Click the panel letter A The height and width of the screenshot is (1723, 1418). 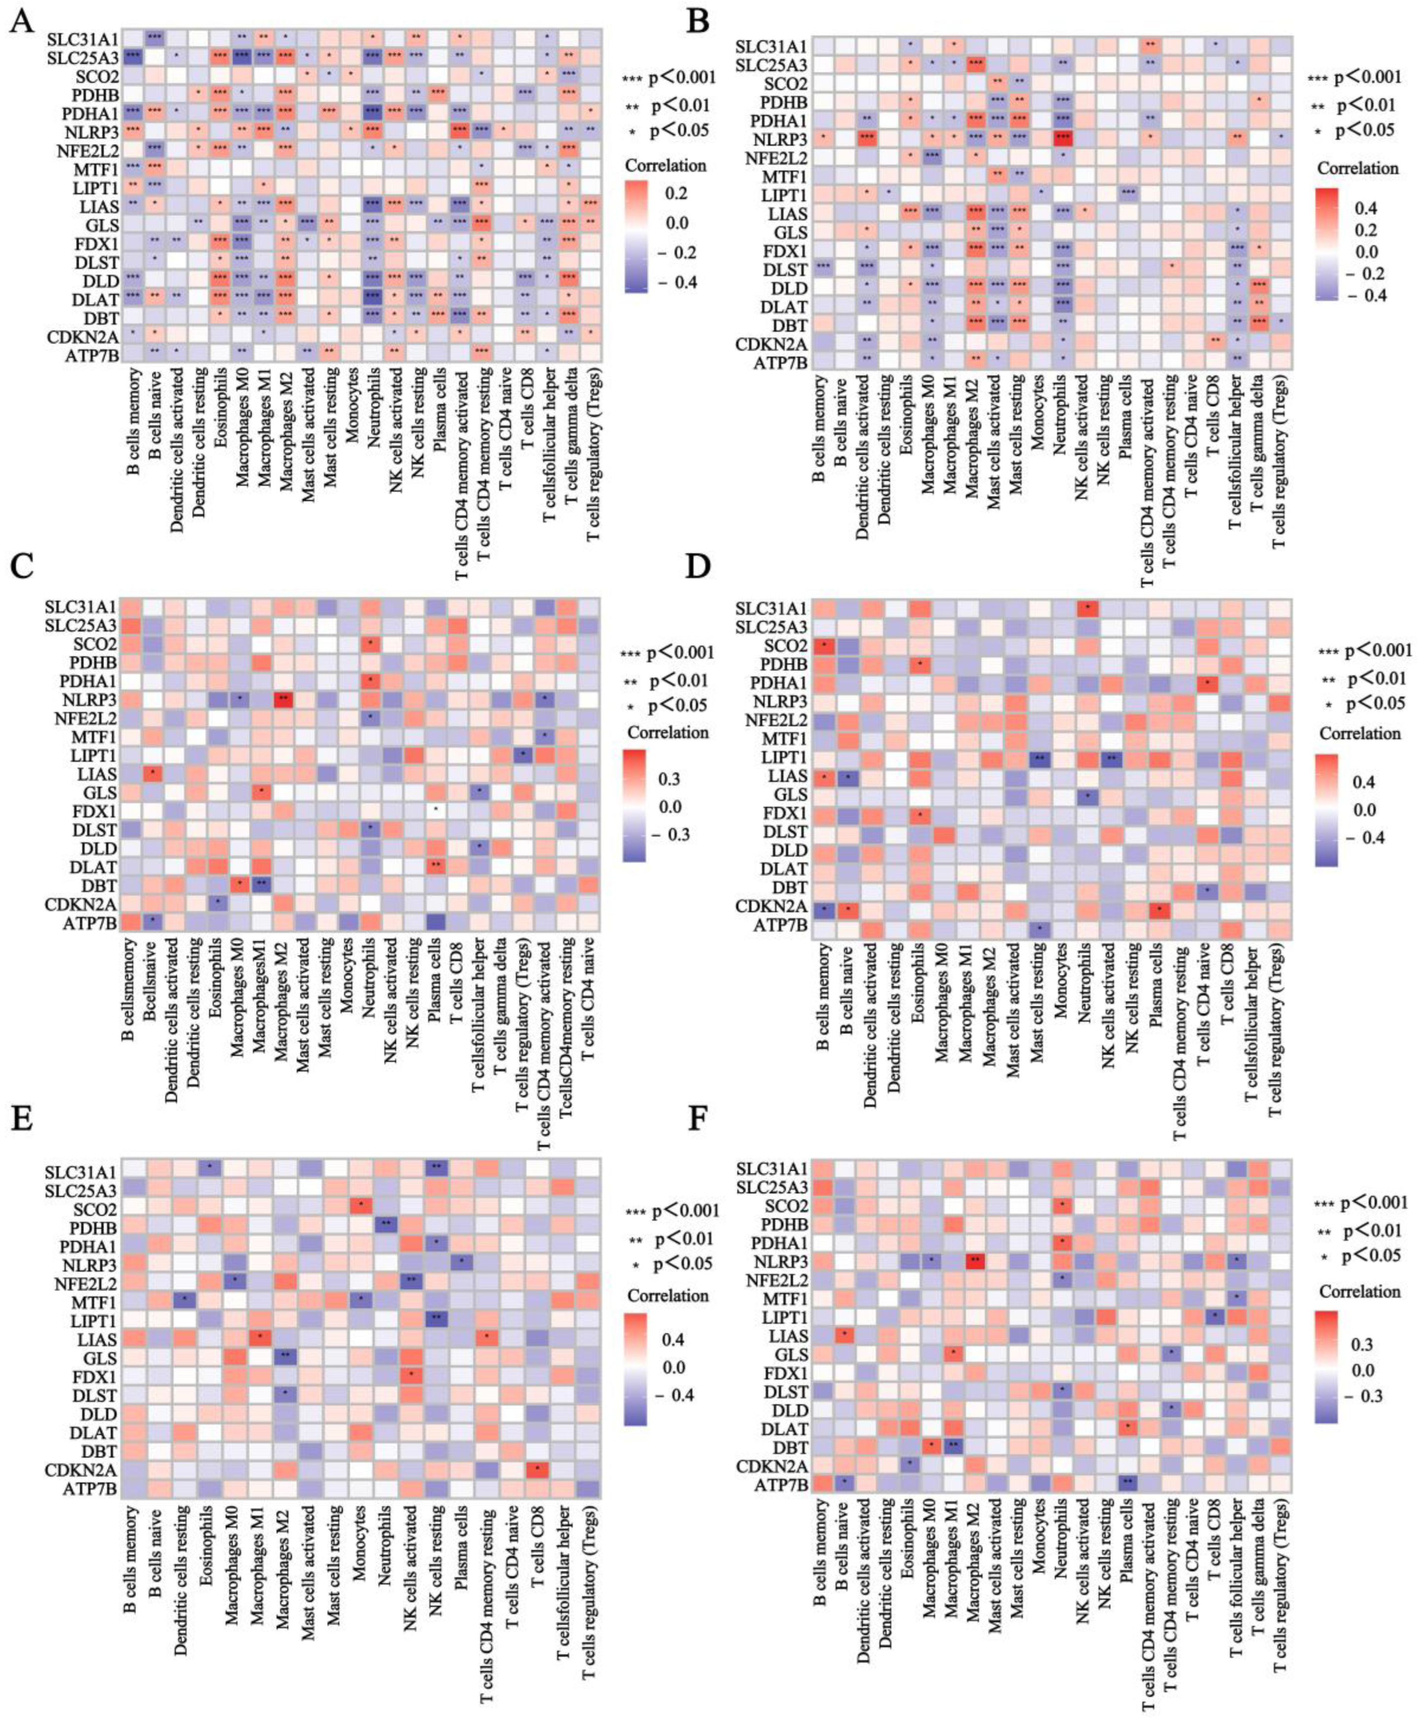[x=22, y=18]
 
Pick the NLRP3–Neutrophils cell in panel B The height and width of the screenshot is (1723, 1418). [x=1062, y=139]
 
